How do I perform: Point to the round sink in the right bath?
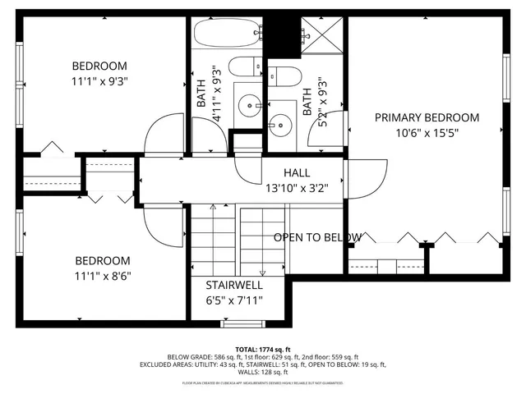point(283,126)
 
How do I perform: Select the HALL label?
point(297,173)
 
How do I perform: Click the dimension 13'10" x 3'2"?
point(297,187)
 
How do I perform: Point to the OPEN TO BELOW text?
point(317,237)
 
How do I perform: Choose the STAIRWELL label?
point(234,285)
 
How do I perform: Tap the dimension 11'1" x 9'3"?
point(99,80)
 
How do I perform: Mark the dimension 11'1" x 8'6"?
point(99,275)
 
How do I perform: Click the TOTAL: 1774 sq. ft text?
point(263,348)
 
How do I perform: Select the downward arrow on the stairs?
point(262,273)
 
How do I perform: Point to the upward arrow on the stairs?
point(212,208)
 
